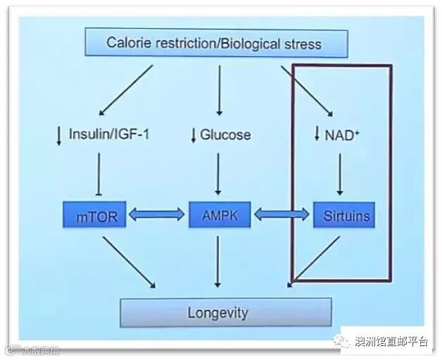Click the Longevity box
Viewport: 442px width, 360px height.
coord(225,312)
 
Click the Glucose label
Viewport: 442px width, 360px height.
coord(225,134)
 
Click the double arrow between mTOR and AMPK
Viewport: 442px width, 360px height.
coord(158,216)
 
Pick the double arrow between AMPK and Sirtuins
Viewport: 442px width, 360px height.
coord(280,216)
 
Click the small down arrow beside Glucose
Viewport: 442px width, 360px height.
coord(194,135)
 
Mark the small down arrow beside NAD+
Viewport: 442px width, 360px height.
coord(317,134)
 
